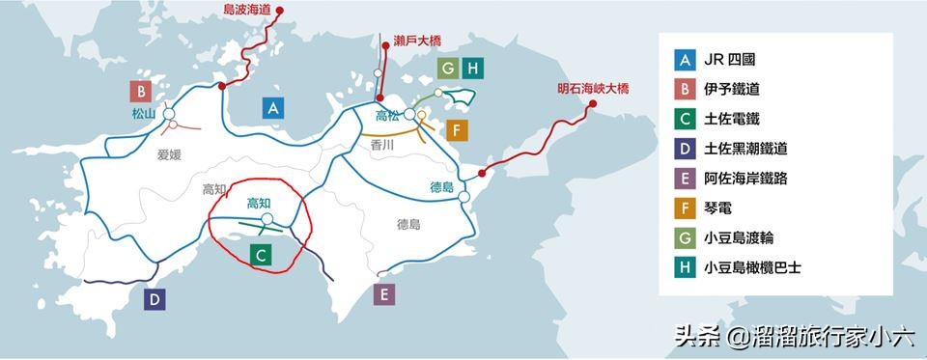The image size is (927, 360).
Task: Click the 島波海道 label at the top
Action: click(x=247, y=9)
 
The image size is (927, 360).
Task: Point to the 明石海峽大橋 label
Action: click(x=592, y=88)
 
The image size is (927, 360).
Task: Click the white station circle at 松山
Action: click(x=169, y=114)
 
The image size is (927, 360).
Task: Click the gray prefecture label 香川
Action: click(x=382, y=144)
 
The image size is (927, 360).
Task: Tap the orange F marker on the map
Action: click(x=458, y=130)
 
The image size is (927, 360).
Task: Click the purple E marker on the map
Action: click(x=384, y=294)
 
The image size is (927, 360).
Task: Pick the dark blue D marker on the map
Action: click(x=154, y=299)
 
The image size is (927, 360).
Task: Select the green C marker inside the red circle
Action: click(x=260, y=254)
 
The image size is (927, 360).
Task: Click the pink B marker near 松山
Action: click(x=142, y=92)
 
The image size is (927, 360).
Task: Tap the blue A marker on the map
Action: click(x=274, y=107)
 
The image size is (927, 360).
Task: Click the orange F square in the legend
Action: click(x=685, y=208)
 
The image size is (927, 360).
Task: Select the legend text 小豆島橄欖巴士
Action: click(x=753, y=268)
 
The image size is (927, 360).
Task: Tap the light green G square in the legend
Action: click(x=685, y=238)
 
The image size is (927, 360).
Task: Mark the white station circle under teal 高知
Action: click(x=267, y=219)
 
